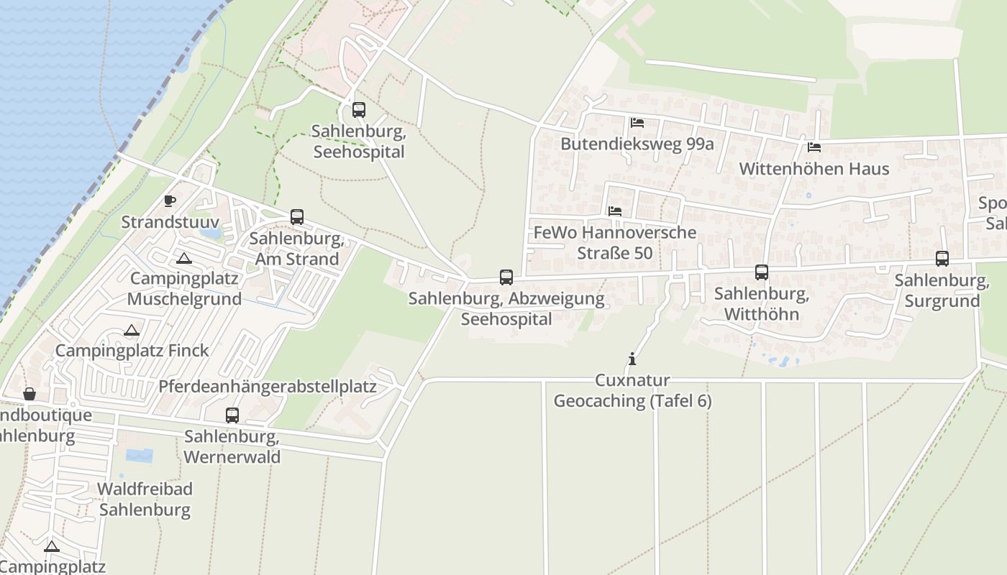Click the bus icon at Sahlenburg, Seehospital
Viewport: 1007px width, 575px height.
coord(359,110)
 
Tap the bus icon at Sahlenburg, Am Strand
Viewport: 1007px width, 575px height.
coord(296,217)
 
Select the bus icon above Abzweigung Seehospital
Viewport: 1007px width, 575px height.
coord(506,277)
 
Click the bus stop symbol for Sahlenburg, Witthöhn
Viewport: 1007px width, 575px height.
coord(762,272)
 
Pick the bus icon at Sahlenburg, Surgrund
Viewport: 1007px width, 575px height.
coord(942,259)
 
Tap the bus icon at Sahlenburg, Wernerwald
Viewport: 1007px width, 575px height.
coord(232,415)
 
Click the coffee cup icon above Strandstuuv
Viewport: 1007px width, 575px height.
coord(170,201)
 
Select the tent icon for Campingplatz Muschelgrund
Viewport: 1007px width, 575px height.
coord(184,258)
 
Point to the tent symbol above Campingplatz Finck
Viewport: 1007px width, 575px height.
coord(131,331)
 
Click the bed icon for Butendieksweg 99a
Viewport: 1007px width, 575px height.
coord(637,123)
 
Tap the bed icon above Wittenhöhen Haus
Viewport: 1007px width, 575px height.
coord(814,147)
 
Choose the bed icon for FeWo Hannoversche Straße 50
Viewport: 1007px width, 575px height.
coord(615,211)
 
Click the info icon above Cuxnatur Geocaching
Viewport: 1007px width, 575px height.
coord(632,359)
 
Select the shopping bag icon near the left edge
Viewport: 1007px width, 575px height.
coord(29,394)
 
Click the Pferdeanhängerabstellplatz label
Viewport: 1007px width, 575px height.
coord(268,387)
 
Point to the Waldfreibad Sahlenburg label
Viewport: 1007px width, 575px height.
coord(145,500)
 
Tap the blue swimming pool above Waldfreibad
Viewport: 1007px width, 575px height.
coord(139,456)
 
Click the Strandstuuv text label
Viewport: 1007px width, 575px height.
coord(170,222)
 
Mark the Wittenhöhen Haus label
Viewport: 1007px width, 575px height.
coord(814,169)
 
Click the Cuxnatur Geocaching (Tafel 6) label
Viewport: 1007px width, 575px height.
coord(632,390)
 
